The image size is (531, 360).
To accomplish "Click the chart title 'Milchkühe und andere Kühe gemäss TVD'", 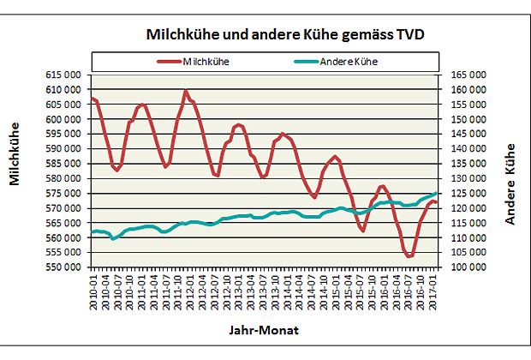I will (x=286, y=34).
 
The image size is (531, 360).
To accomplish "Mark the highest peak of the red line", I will (x=186, y=90).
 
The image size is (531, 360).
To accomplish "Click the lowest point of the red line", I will (x=409, y=256).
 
